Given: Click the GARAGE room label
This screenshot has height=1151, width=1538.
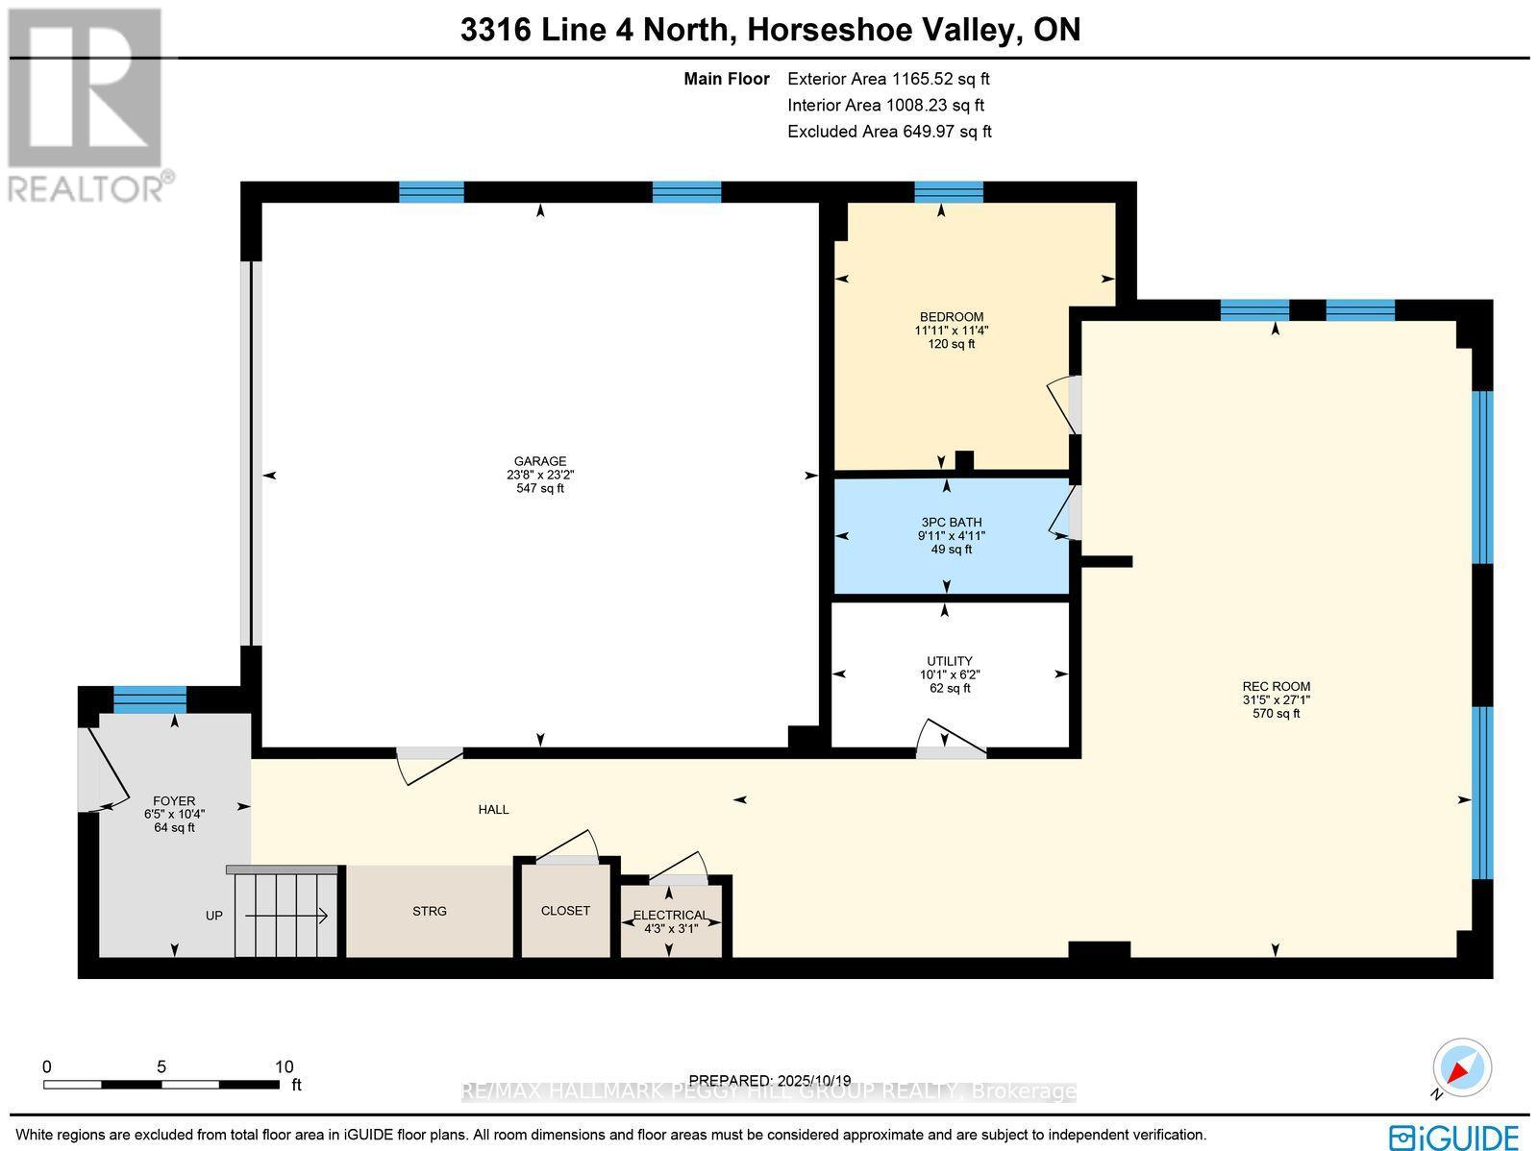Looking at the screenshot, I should point(539,461).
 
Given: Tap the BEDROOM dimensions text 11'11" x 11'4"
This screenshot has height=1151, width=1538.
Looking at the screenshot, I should point(951,331).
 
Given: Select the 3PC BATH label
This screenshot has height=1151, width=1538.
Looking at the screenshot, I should point(951,523).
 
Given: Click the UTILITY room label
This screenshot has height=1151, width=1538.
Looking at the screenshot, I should point(949,661).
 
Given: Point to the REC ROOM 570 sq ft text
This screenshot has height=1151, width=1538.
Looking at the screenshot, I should point(1276,714).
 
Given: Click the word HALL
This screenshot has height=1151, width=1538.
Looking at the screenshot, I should point(493,810).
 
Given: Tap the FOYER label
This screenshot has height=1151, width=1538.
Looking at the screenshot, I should point(174,800).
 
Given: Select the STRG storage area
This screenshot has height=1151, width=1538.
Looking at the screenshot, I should point(429,911).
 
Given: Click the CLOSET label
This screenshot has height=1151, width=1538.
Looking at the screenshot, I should point(565,911).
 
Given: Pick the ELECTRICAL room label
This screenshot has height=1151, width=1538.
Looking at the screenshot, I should point(670,915).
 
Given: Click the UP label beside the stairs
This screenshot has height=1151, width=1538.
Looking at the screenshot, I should point(213,916).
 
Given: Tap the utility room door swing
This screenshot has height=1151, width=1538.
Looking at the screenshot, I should point(950,740).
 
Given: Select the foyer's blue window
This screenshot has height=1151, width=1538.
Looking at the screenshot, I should point(150,699).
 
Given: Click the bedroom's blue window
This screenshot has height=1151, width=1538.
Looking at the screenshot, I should point(948,192).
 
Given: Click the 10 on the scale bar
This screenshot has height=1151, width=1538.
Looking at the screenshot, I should point(284,1066).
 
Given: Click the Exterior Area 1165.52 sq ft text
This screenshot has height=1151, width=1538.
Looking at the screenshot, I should point(887,80).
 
